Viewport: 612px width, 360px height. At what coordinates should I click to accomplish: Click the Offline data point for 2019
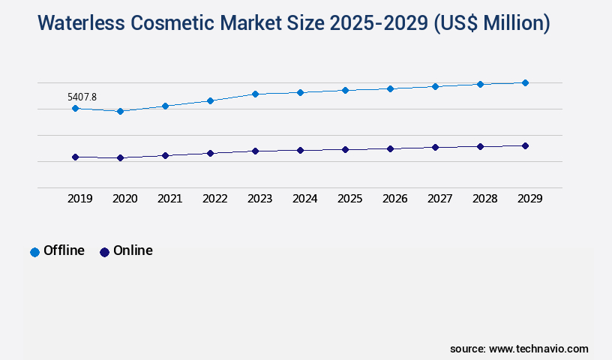tap(75, 108)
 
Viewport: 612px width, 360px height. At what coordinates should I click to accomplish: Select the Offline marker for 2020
tap(120, 111)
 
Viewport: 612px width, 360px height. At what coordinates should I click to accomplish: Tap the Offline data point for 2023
tap(255, 94)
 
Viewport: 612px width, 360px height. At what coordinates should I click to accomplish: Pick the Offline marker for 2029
tap(525, 82)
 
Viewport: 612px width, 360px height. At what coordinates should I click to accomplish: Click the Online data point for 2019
tap(75, 157)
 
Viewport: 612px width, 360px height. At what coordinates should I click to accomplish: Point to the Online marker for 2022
tap(210, 153)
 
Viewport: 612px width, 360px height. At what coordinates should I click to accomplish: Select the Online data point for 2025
tap(345, 149)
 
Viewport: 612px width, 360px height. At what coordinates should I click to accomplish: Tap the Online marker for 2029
tap(525, 145)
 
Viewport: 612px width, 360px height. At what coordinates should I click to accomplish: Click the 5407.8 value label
tap(82, 97)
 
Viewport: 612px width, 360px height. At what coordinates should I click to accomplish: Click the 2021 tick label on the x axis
tap(169, 199)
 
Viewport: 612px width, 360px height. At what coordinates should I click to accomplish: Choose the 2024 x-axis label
tap(304, 199)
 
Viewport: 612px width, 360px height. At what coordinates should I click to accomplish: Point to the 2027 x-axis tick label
tap(439, 199)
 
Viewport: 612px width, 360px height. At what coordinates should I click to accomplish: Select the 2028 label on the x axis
tap(484, 199)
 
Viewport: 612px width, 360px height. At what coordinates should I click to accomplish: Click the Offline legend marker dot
tap(34, 252)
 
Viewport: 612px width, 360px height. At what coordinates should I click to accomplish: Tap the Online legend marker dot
tap(104, 252)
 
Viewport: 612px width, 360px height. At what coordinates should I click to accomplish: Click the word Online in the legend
tap(133, 250)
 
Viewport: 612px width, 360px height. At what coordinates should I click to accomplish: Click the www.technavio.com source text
tap(538, 349)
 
